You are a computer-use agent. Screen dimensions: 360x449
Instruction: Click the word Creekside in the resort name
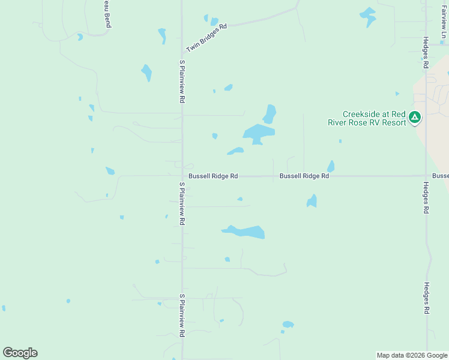coord(359,114)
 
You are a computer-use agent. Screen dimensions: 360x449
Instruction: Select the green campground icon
coord(415,118)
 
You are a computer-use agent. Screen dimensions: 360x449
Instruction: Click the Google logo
coord(20,353)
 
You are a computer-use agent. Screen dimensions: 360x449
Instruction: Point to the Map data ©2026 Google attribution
coord(412,355)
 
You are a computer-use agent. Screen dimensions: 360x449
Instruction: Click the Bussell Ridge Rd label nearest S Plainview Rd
coord(213,176)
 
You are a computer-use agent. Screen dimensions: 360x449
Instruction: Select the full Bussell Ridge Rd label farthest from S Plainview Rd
coord(304,176)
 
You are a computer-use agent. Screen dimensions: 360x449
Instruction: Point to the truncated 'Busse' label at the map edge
coord(440,176)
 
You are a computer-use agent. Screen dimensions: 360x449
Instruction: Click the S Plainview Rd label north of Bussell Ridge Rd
coord(181,82)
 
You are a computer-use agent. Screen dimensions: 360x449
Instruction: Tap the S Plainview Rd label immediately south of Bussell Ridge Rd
coord(181,204)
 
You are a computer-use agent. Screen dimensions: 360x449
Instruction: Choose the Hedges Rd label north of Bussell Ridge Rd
coord(426,52)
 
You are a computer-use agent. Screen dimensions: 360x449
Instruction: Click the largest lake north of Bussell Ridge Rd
coord(259,133)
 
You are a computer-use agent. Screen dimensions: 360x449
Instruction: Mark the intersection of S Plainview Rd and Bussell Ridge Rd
coord(182,176)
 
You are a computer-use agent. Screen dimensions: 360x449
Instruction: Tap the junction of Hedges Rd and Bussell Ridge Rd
coord(426,176)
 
